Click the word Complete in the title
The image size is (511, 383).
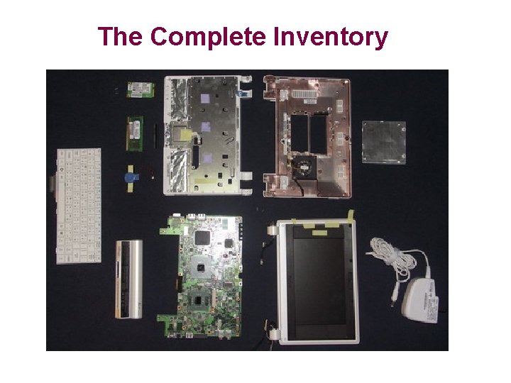(207, 36)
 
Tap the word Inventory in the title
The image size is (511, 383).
(331, 36)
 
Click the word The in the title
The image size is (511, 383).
(121, 36)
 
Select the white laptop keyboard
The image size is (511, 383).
(78, 206)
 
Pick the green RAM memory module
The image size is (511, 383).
(135, 133)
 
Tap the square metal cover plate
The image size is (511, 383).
(383, 142)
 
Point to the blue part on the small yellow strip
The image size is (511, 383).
(131, 177)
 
